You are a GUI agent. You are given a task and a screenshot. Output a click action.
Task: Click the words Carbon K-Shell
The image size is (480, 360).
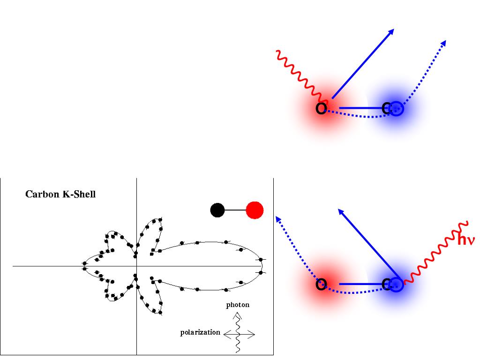click(x=60, y=194)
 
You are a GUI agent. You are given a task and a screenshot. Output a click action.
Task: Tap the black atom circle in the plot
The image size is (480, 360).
click(x=217, y=210)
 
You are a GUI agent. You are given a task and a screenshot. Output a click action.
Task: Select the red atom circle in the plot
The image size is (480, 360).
click(x=255, y=210)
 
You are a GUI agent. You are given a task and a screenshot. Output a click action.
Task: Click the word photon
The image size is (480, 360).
click(x=238, y=305)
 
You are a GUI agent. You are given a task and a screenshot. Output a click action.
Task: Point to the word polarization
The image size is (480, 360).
click(x=200, y=332)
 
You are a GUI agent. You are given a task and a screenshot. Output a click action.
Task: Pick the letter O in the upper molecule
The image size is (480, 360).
click(x=321, y=109)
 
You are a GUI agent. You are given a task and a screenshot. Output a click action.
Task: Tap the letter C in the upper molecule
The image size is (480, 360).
click(x=387, y=109)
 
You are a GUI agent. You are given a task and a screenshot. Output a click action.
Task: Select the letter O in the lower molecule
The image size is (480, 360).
click(x=321, y=284)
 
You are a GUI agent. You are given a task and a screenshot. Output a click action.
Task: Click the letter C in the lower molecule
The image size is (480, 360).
click(x=387, y=284)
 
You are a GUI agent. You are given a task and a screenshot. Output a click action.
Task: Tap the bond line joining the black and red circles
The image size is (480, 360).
click(x=236, y=210)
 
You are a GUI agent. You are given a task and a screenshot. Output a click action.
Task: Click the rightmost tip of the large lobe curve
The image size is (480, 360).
click(x=262, y=266)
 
